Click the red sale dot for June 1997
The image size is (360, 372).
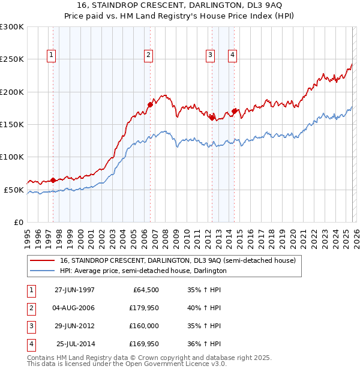[53, 180]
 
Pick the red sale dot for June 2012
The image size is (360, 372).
[212, 118]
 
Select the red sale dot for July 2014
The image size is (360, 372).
[234, 111]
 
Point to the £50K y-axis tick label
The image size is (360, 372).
[14, 190]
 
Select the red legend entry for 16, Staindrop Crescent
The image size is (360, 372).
[178, 261]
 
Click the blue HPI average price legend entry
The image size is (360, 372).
[143, 271]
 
